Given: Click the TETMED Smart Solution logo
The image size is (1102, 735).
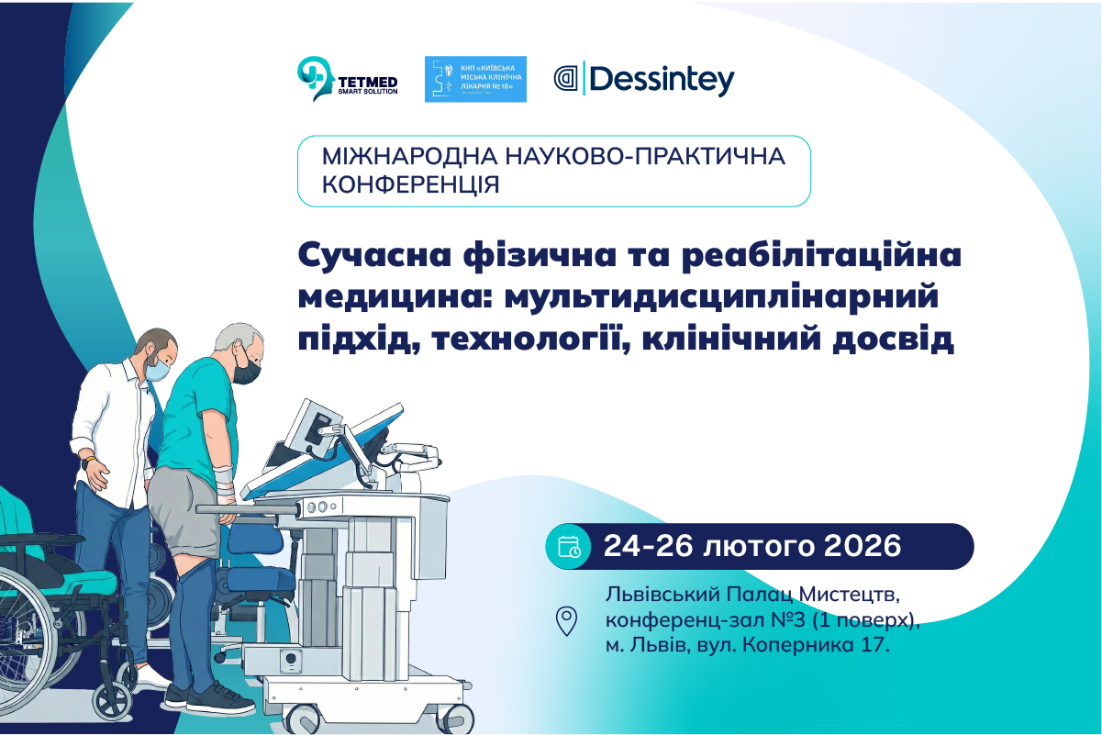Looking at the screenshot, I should pos(348,79).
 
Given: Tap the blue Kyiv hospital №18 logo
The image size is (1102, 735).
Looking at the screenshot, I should pos(475,79).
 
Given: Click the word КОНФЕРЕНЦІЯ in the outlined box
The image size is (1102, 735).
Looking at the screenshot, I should pos(411,184).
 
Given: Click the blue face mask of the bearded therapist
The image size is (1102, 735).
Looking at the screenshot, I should pos(159,369).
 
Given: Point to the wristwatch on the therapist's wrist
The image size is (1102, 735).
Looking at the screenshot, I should pos(88,462).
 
